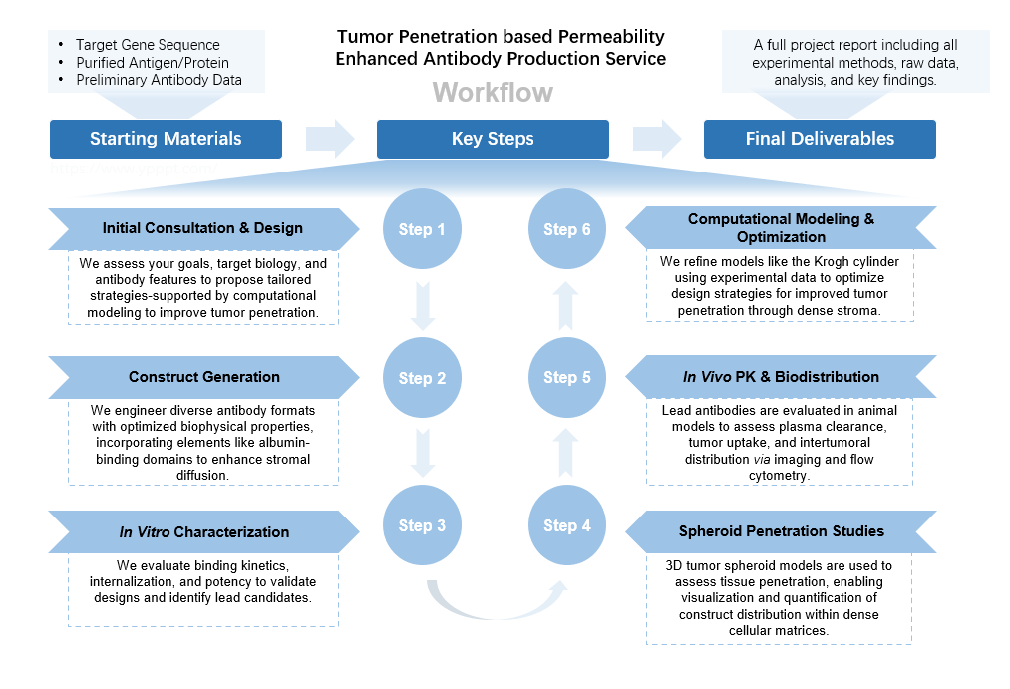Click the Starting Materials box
click(x=166, y=139)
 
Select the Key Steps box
click(x=493, y=139)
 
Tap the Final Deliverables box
click(x=820, y=139)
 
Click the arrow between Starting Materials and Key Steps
click(x=330, y=139)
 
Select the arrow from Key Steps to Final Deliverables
click(x=656, y=139)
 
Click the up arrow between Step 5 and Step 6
click(x=567, y=303)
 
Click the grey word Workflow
click(x=493, y=93)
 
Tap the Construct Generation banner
click(x=203, y=377)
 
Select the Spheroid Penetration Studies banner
click(x=781, y=530)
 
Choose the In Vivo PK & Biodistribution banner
click(x=781, y=377)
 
